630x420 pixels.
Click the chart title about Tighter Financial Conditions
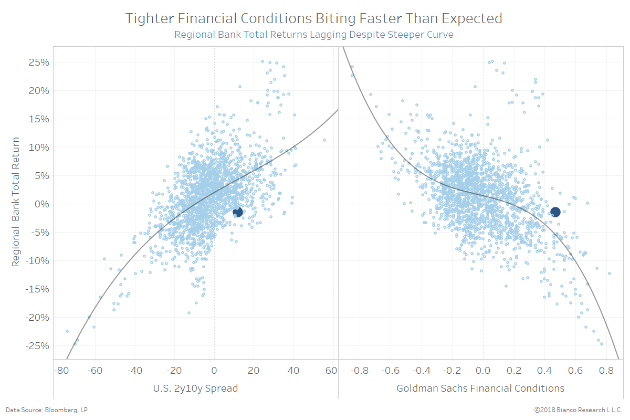314,18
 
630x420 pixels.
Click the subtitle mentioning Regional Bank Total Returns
314,35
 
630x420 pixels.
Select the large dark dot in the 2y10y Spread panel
237,212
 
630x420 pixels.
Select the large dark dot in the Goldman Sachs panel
555,212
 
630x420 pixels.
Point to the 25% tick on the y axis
38,62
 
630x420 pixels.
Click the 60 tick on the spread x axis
331,371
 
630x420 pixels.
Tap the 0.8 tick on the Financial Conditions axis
606,371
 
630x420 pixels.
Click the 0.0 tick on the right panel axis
482,371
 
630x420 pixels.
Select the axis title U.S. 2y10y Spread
196,388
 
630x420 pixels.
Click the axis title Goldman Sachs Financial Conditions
480,388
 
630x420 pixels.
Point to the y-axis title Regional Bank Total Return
16,202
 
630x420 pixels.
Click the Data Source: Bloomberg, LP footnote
43,409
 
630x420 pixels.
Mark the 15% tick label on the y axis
38,119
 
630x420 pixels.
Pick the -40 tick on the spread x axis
134,371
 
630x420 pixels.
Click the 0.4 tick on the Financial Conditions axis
544,371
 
